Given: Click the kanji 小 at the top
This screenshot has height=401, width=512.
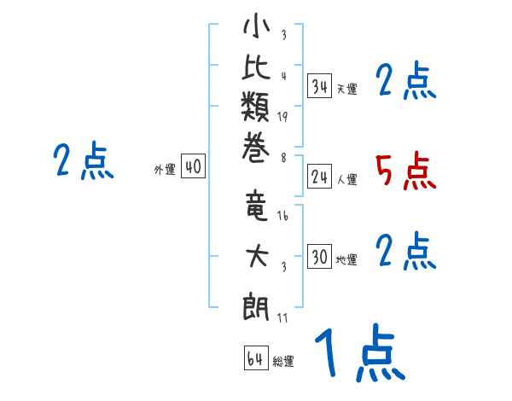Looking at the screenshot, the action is (x=256, y=27).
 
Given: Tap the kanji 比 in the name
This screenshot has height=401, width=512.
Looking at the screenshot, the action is (x=256, y=71).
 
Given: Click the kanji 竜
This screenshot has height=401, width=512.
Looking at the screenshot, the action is (x=256, y=206).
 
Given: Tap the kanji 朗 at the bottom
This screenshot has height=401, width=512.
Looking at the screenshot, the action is (x=256, y=304).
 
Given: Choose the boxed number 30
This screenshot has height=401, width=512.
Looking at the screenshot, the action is (x=319, y=258).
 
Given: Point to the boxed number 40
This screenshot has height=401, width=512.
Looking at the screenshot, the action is (x=193, y=167).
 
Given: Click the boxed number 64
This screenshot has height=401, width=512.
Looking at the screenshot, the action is (x=254, y=358).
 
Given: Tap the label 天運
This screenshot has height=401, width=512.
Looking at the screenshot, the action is (x=346, y=89).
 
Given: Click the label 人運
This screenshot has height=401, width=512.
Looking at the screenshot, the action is (x=346, y=179).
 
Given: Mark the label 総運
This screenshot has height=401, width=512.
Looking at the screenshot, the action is (x=282, y=362).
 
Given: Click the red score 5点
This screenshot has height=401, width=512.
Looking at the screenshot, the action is (x=405, y=172).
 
